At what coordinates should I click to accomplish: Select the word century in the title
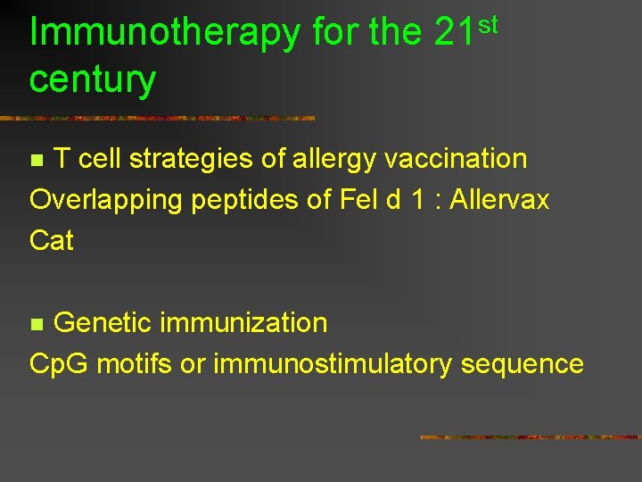click(x=92, y=80)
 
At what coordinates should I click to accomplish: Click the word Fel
click(x=359, y=200)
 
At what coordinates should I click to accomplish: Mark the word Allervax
click(x=499, y=200)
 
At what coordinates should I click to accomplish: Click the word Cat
click(x=52, y=241)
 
